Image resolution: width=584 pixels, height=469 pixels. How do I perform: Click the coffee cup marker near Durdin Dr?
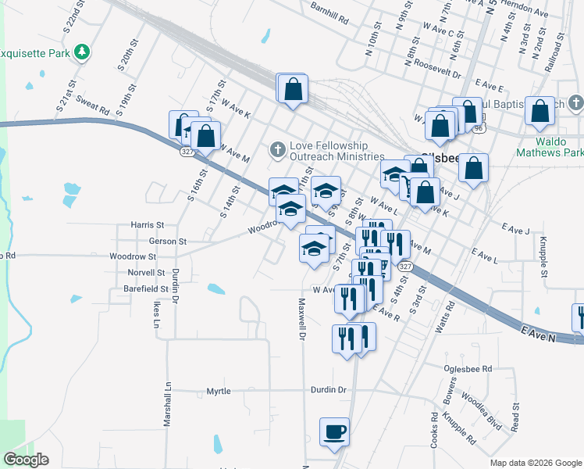click(334, 432)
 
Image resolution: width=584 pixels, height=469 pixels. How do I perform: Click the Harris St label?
click(148, 224)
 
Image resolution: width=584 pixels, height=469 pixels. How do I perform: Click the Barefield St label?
click(144, 288)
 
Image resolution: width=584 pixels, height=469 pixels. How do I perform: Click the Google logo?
click(26, 460)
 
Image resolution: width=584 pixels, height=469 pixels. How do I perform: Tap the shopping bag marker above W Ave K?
click(293, 89)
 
